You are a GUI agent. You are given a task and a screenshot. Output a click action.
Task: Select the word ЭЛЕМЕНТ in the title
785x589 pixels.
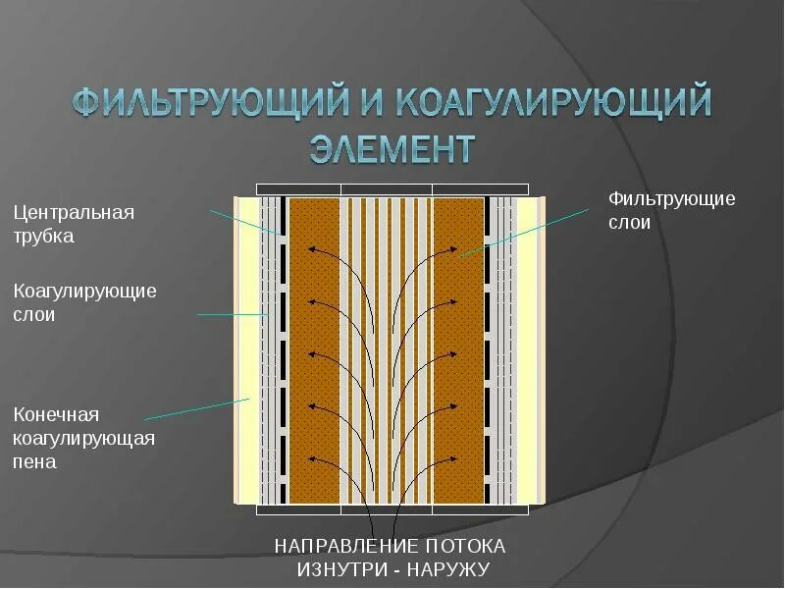click(392, 149)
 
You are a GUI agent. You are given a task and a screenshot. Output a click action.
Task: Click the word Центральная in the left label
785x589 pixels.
click(73, 212)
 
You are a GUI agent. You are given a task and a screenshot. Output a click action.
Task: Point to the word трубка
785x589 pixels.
click(43, 237)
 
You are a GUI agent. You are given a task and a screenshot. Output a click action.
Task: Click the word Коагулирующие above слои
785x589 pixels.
click(84, 291)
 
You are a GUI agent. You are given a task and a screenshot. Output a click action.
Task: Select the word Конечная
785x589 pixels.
click(56, 414)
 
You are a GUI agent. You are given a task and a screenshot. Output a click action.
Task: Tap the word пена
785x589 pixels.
click(34, 461)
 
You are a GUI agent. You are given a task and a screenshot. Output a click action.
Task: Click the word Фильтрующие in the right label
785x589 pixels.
click(671, 198)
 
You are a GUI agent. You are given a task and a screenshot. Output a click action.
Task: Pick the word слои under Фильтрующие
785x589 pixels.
click(629, 223)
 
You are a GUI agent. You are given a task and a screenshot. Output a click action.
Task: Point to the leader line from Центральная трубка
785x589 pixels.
click(245, 221)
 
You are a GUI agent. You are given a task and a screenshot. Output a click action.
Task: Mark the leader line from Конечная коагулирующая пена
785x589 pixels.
click(196, 408)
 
